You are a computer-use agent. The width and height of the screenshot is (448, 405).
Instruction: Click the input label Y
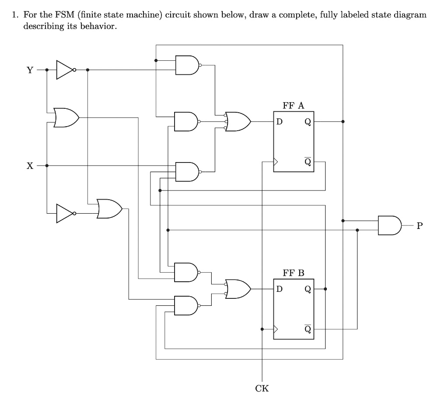[x=30, y=70]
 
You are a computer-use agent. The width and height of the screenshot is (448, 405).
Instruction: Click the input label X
[x=30, y=166]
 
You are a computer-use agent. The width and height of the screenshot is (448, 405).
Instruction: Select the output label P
[x=420, y=226]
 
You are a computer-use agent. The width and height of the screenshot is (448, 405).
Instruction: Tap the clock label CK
[x=262, y=388]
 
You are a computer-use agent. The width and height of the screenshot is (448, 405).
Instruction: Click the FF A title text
[x=293, y=105]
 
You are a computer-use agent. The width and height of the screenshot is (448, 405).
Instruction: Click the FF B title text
[x=293, y=273]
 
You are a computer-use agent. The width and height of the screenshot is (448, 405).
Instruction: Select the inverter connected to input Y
[x=65, y=70]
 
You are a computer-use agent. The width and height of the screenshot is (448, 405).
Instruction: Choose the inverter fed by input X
[x=65, y=213]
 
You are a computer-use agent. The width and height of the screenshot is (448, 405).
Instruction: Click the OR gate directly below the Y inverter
[x=66, y=117]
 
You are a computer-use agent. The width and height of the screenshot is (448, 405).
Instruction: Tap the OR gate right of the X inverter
[x=109, y=209]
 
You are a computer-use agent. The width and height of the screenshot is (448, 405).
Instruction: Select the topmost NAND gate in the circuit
[x=186, y=65]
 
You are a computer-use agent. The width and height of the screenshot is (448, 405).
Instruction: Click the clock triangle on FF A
[x=276, y=162]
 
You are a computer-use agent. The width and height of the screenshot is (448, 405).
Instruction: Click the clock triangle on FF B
[x=276, y=329]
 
